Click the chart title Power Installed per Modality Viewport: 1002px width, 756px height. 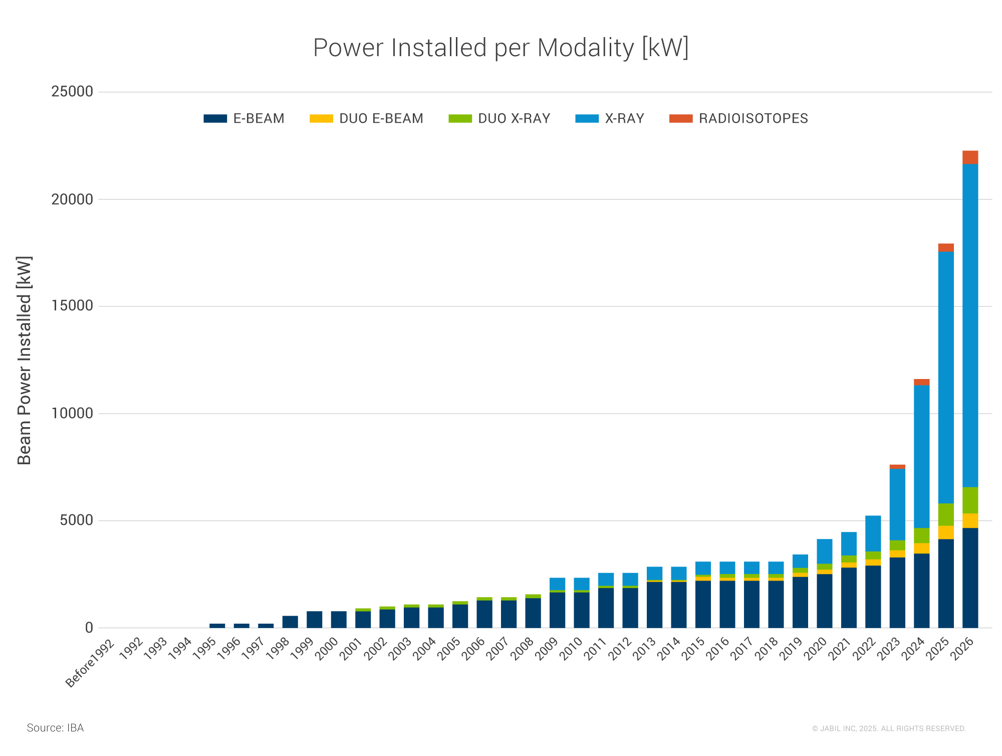(500, 48)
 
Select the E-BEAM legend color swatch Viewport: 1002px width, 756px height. (215, 119)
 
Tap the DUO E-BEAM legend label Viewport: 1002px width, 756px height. (381, 119)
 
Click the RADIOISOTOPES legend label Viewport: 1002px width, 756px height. (753, 119)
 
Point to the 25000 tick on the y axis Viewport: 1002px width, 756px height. (72, 92)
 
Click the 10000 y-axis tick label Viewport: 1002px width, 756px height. (72, 414)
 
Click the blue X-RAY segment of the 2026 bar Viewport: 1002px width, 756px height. (970, 326)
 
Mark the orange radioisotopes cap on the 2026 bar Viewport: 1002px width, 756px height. (970, 157)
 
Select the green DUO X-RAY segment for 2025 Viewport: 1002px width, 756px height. (946, 514)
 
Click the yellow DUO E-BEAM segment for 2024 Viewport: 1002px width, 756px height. (921, 548)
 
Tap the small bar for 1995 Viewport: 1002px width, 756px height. (217, 626)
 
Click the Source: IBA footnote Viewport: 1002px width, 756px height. (55, 728)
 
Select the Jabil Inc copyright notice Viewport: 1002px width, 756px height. (888, 728)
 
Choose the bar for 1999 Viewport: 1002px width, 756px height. (314, 620)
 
